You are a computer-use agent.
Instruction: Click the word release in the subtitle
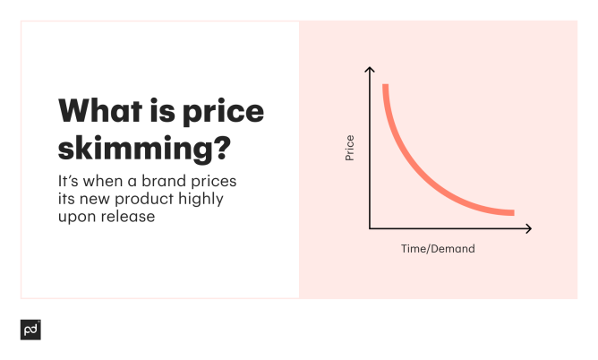click(x=130, y=216)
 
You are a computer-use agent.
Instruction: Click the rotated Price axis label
click(x=350, y=148)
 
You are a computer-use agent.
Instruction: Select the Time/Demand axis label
click(x=437, y=249)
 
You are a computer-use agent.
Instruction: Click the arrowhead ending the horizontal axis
click(x=528, y=228)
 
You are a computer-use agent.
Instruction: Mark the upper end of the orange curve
click(x=386, y=86)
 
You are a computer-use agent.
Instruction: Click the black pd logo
click(x=30, y=330)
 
